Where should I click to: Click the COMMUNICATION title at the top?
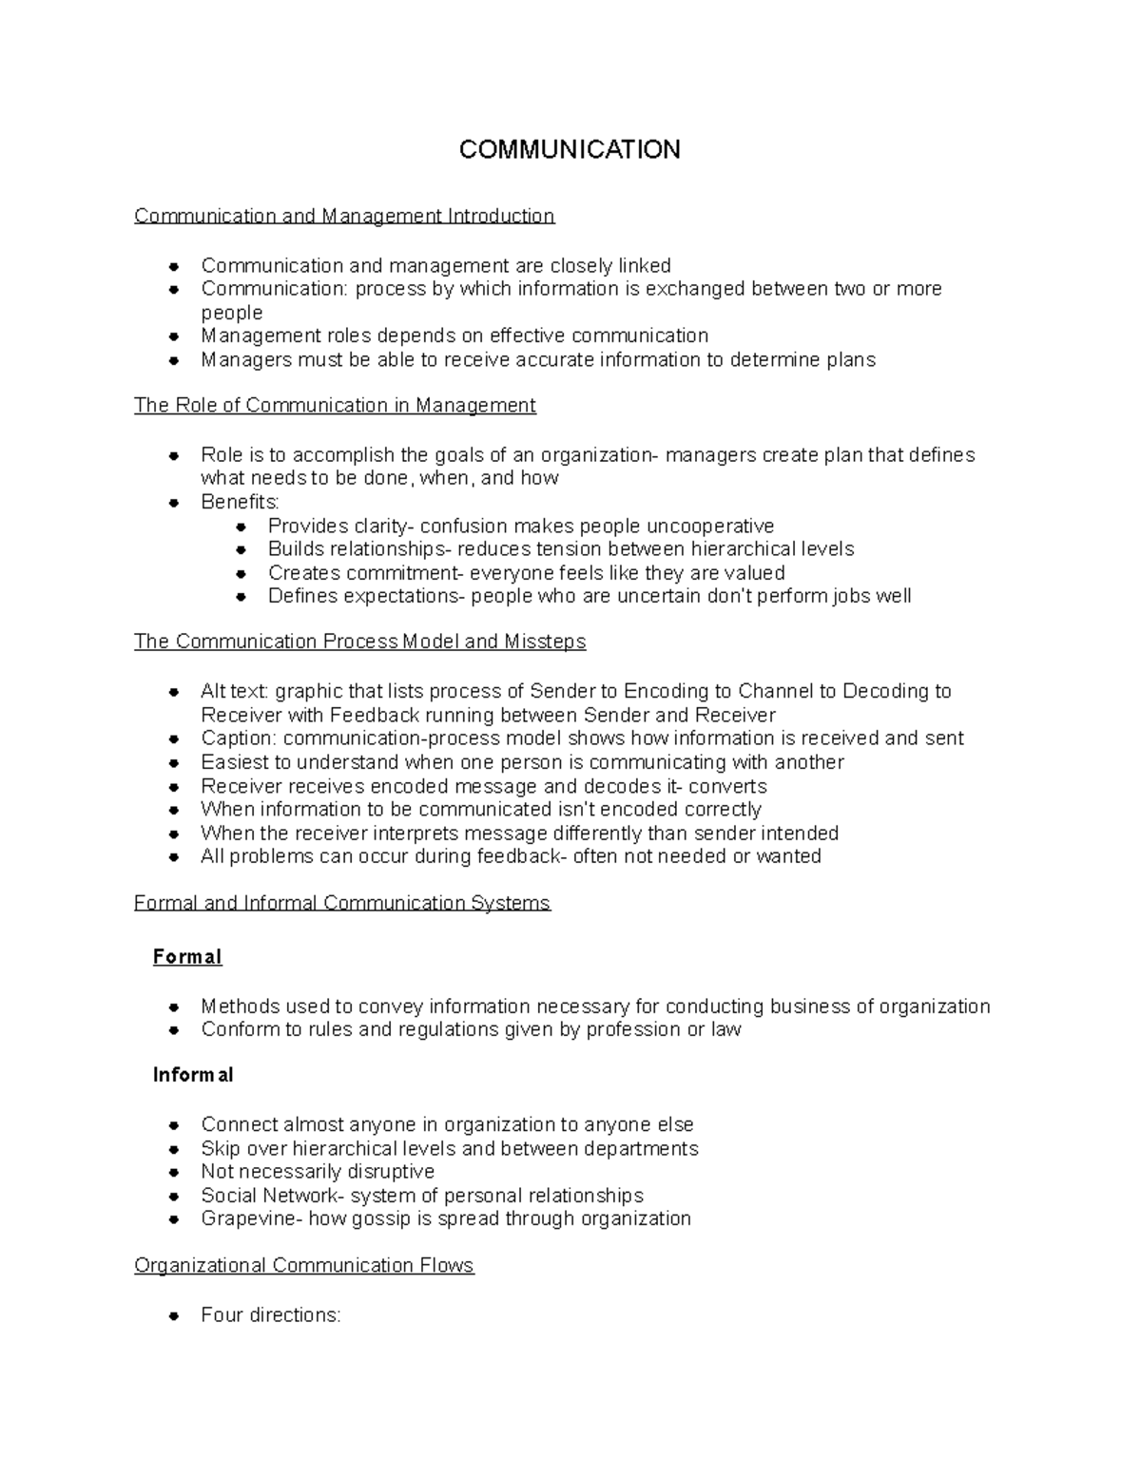[570, 150]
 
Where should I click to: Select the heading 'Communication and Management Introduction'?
[344, 216]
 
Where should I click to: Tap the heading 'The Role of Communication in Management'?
[335, 406]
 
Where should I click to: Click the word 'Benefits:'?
[241, 502]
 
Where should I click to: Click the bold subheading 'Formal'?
[187, 957]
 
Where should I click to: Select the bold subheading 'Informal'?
[193, 1075]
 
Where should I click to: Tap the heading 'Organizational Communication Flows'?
[304, 1266]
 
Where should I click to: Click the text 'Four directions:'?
[271, 1315]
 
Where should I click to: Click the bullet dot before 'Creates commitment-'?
[242, 573]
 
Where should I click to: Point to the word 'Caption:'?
[239, 738]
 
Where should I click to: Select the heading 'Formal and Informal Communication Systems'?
[342, 903]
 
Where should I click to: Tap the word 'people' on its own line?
[232, 313]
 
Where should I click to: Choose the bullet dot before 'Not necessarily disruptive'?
[174, 1172]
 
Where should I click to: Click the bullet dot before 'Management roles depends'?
[174, 336]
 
